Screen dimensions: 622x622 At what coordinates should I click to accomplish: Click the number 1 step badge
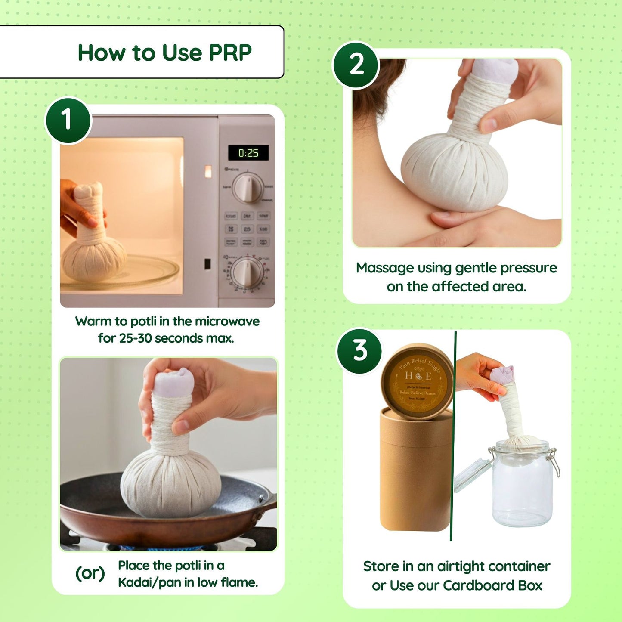68,120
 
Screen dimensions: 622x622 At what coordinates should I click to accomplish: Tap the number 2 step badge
356,65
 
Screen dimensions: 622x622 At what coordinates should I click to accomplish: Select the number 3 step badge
359,350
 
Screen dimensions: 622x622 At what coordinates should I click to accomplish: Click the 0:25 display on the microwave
248,153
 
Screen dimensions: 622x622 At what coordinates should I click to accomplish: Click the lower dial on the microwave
247,272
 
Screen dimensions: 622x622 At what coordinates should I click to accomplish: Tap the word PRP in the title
230,53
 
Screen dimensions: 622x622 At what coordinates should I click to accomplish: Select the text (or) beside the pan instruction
90,573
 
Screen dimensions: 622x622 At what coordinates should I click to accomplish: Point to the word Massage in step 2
384,268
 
